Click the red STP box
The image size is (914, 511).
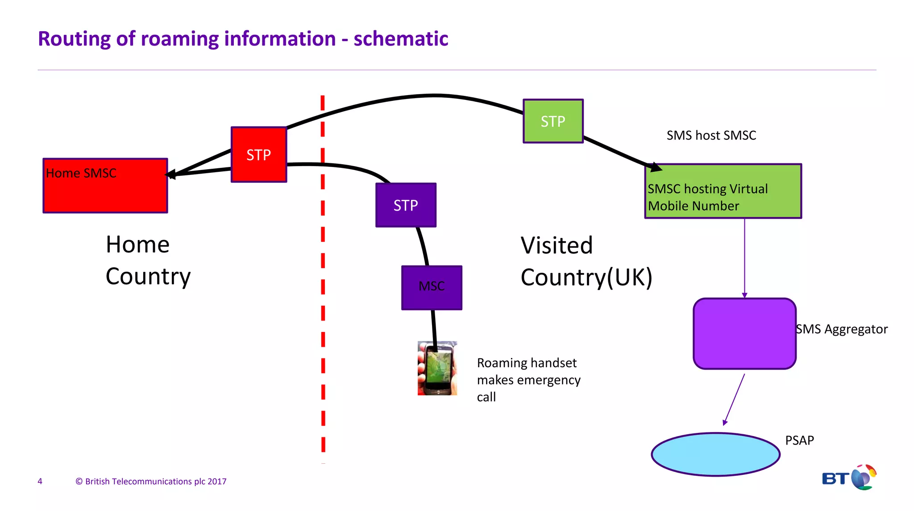[259, 154]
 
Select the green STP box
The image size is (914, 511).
[553, 121]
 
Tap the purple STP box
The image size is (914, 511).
[406, 205]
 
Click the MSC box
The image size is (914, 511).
[432, 287]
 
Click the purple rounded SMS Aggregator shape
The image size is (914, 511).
[744, 333]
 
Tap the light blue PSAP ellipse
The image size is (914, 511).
[715, 454]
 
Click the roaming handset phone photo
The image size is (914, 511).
[437, 368]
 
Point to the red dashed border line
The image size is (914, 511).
[323, 312]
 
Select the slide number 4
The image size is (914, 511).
[40, 481]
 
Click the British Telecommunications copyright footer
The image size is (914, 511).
[151, 481]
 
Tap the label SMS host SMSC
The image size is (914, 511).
[711, 135]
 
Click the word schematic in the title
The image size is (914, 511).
[400, 39]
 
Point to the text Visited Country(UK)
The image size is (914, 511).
[586, 261]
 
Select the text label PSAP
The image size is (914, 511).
[799, 440]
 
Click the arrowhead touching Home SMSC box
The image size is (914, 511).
[170, 174]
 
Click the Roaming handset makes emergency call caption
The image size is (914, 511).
[528, 379]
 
